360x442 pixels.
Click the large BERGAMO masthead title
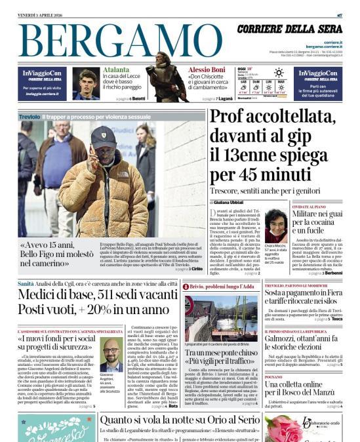coord(118,42)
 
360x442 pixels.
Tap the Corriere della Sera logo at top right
coord(289,29)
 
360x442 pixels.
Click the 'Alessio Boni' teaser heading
coord(206,70)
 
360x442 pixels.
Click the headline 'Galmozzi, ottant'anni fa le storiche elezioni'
coord(303,356)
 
